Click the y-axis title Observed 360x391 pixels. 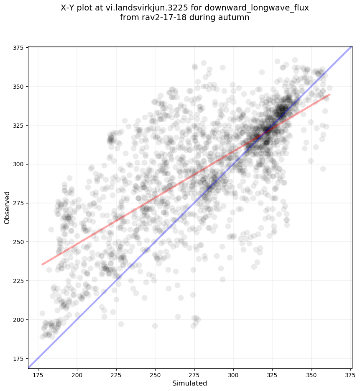pyautogui.click(x=7, y=207)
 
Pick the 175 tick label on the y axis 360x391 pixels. pyautogui.click(x=18, y=358)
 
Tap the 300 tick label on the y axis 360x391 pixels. pyautogui.click(x=18, y=164)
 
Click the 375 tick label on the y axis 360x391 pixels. pyautogui.click(x=18, y=48)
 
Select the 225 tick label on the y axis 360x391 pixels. pyautogui.click(x=18, y=280)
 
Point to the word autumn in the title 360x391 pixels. pyautogui.click(x=236, y=18)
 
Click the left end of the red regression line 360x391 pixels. pyautogui.click(x=42, y=264)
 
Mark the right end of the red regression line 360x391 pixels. pyautogui.click(x=329, y=95)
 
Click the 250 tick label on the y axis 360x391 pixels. pyautogui.click(x=18, y=242)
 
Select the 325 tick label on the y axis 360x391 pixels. pyautogui.click(x=18, y=125)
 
